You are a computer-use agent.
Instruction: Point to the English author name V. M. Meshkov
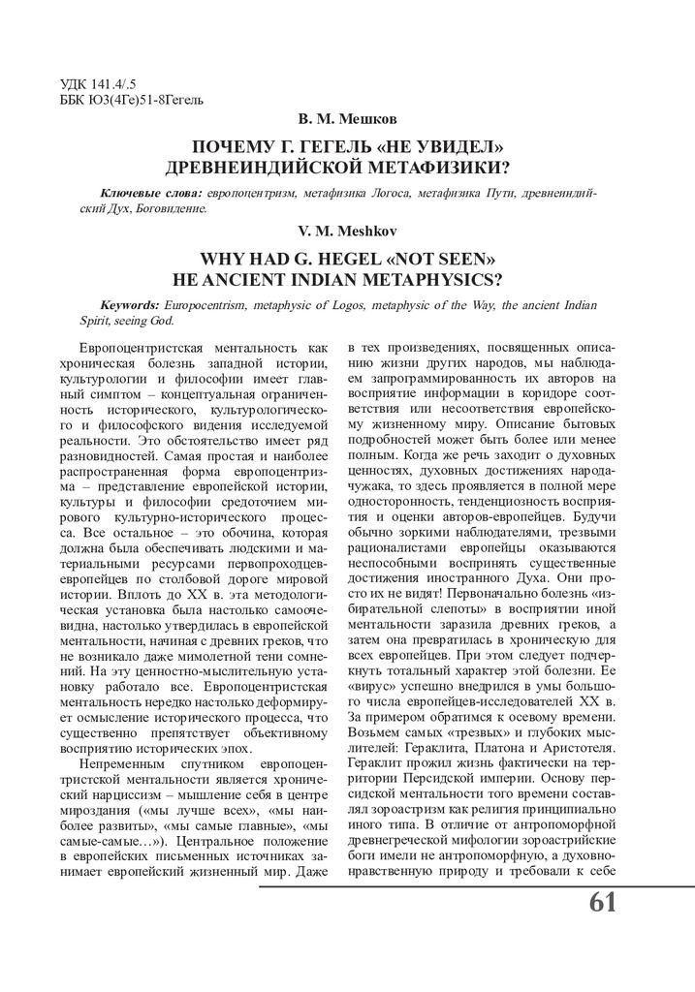click(346, 231)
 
